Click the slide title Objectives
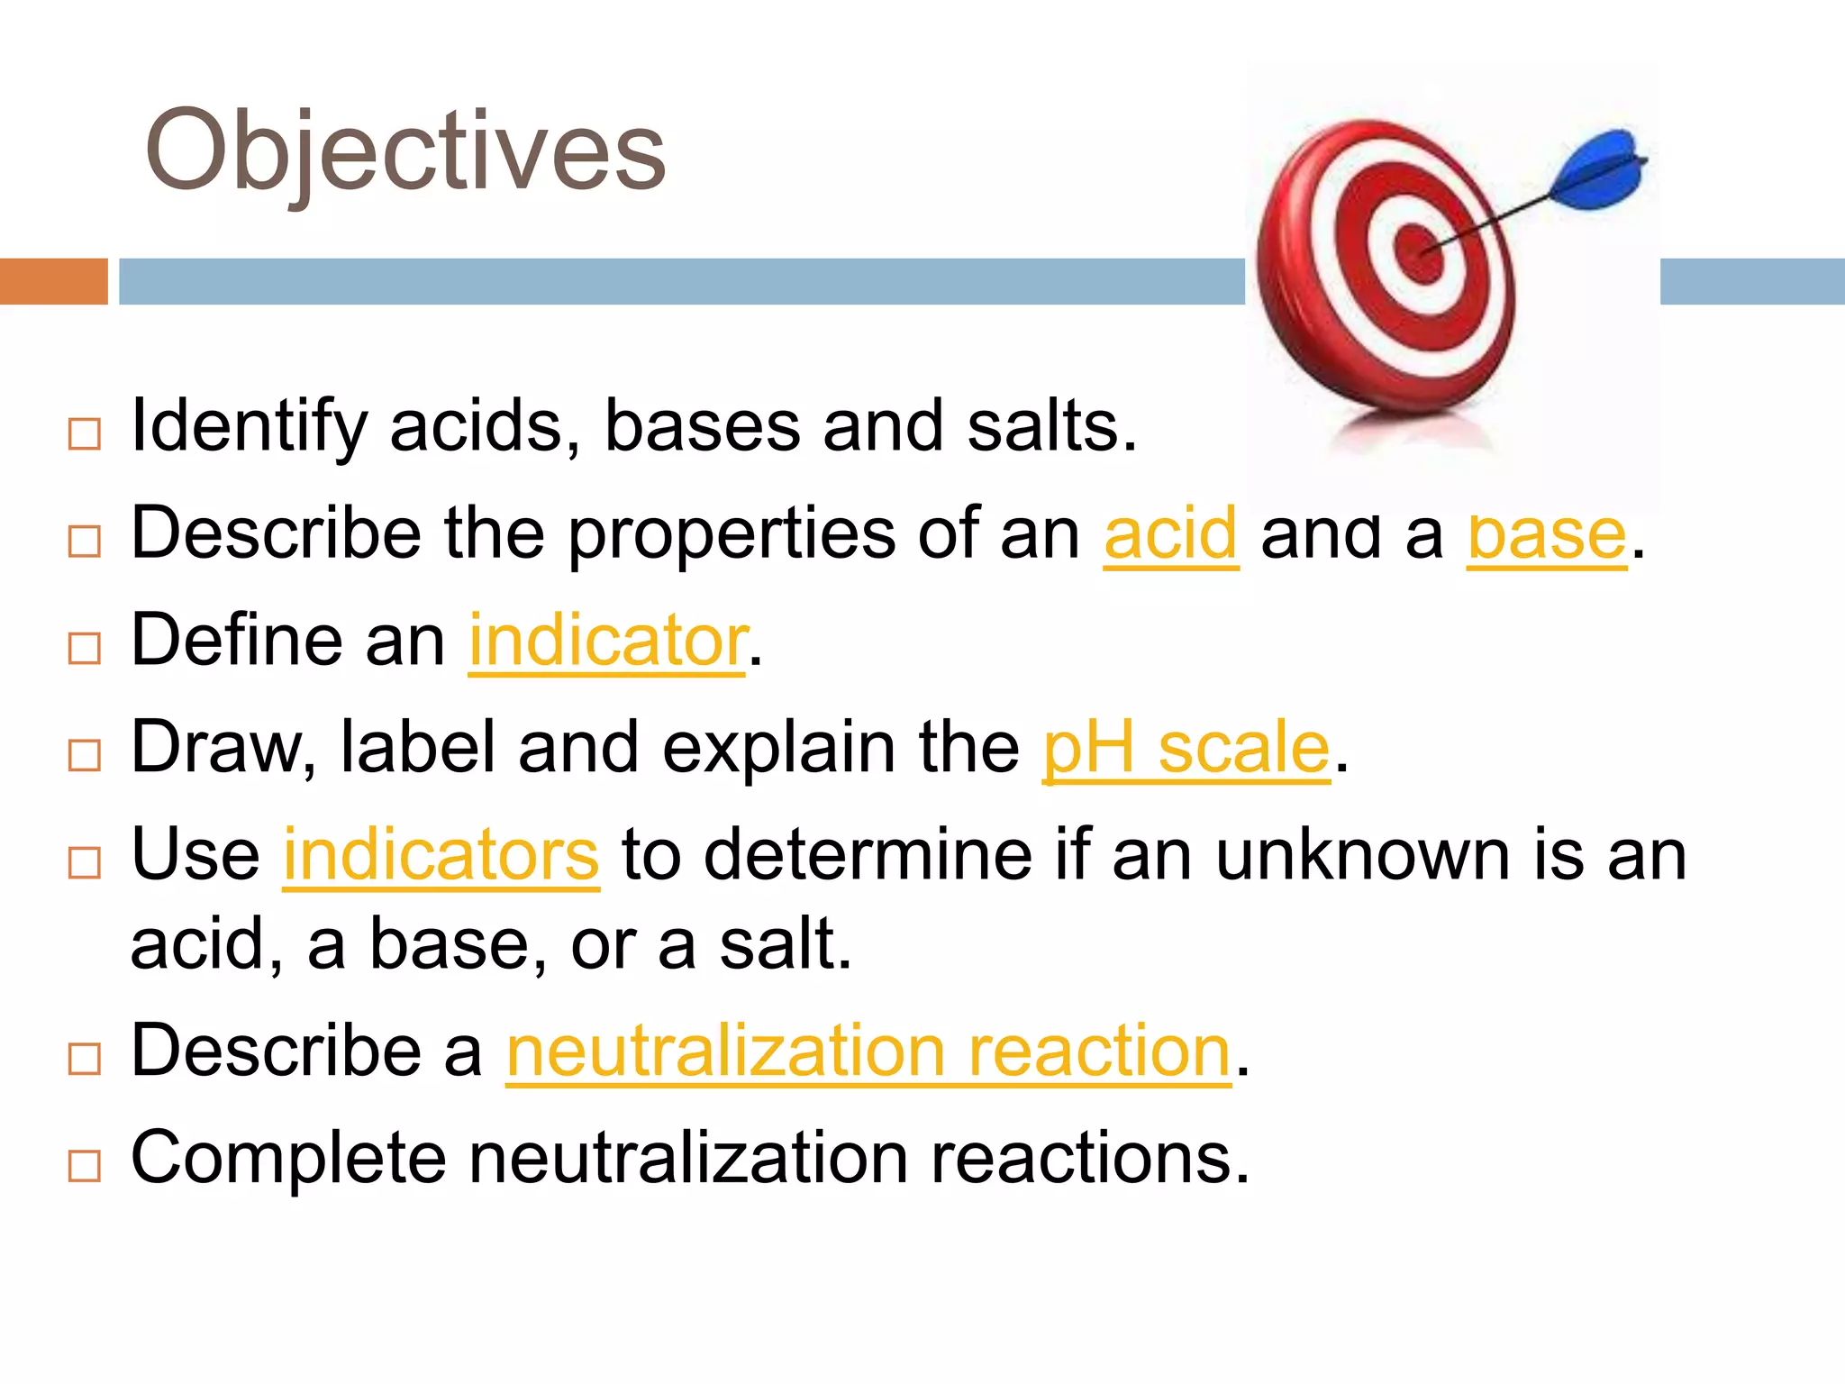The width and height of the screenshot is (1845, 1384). click(404, 151)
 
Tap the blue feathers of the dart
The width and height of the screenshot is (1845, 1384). click(1601, 168)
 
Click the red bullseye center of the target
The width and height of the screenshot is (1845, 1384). click(1419, 250)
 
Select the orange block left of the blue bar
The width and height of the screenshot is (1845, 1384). click(53, 281)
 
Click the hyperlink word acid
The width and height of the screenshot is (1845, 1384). click(1171, 535)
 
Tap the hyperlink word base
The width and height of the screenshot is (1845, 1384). click(1547, 535)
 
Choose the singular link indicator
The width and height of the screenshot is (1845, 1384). click(607, 642)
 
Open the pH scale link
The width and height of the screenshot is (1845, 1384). click(1186, 749)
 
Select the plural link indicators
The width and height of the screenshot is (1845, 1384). click(441, 855)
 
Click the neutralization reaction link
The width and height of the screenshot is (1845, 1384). click(868, 1052)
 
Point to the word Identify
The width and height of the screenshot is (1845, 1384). click(249, 427)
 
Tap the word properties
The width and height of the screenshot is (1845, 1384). click(731, 535)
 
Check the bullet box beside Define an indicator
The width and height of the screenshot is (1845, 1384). click(85, 648)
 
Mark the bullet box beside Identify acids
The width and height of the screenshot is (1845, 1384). click(85, 434)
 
